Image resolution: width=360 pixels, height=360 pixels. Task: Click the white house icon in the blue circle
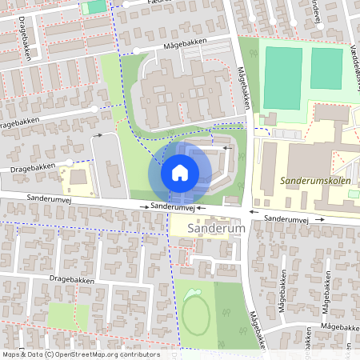(x=180, y=173)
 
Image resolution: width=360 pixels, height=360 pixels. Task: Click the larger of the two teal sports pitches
(x=282, y=78)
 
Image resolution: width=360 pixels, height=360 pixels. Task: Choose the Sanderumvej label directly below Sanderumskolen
(x=286, y=218)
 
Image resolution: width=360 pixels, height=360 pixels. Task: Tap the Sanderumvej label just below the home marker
(x=174, y=206)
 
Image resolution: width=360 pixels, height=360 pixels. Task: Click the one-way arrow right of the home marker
(x=227, y=147)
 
